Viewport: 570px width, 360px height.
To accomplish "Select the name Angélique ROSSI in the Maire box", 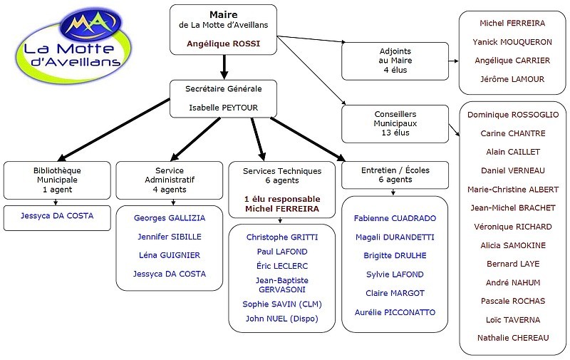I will (223, 43).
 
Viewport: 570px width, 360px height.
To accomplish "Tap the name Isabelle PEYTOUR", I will (223, 108).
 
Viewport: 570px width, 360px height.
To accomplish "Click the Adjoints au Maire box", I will (395, 61).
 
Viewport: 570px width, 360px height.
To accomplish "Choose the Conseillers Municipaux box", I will (395, 123).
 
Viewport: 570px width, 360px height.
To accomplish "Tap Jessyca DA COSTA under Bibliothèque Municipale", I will (58, 215).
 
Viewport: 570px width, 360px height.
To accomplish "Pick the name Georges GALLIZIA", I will (169, 218).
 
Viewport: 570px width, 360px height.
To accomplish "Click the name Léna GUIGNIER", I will (169, 255).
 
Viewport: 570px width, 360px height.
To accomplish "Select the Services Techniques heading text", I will (282, 171).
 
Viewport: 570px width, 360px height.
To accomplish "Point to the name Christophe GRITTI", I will (282, 237).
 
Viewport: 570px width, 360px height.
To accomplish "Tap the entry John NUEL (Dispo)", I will (282, 319).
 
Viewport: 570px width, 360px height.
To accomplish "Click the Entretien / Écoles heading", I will (395, 170).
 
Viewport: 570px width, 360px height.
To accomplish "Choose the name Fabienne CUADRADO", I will (395, 218).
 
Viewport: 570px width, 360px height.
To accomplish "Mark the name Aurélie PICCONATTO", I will (395, 312).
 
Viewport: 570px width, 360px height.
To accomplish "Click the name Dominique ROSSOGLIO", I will (513, 114).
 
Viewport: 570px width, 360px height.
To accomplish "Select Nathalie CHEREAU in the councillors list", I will (513, 339).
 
